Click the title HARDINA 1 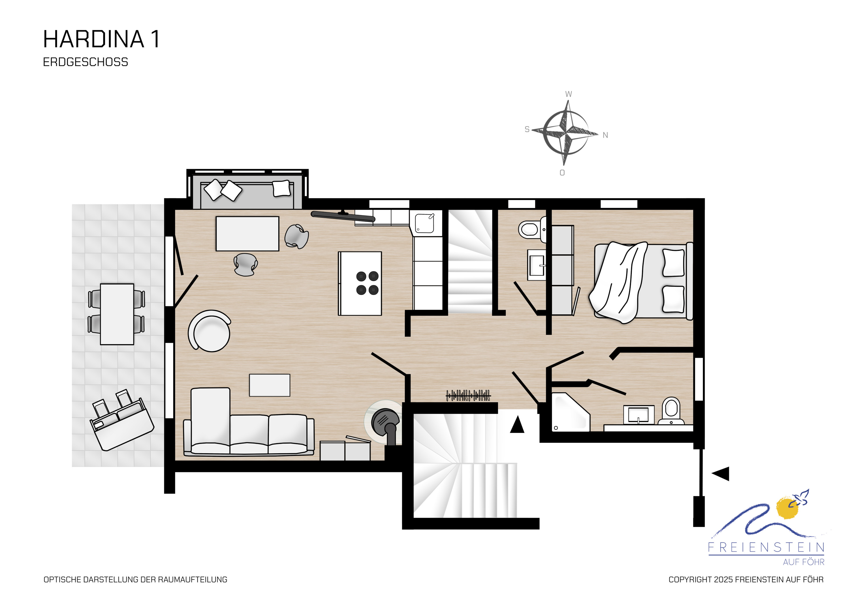[x=101, y=39]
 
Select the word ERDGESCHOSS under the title [x=86, y=62]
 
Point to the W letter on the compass [x=569, y=94]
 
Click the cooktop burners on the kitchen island [x=367, y=283]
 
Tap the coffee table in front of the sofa [x=269, y=385]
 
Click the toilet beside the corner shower [x=671, y=411]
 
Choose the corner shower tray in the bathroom [x=570, y=412]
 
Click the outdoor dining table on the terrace [x=117, y=314]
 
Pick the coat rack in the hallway [x=468, y=396]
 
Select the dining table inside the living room [x=247, y=233]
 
